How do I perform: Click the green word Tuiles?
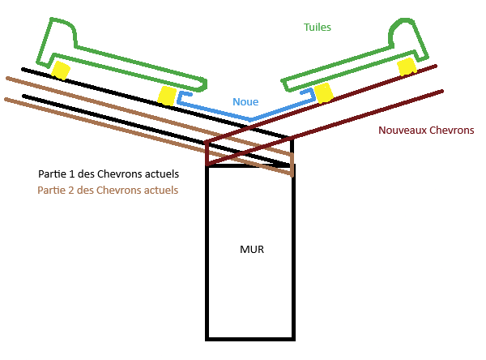pos(317,27)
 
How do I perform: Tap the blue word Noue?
pos(245,102)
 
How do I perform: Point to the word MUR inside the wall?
pos(251,249)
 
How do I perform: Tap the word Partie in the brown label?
pos(54,191)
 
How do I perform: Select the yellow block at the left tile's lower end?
pos(167,95)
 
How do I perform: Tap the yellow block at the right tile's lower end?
pos(324,92)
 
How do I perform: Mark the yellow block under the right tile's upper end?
pos(408,66)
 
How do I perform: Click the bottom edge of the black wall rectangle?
pos(250,337)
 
